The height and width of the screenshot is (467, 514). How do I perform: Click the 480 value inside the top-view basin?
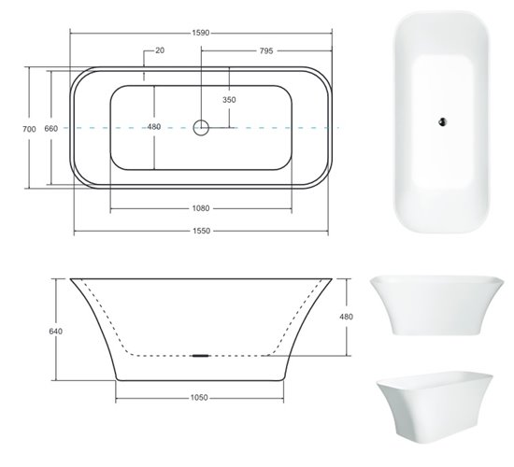pos(154,127)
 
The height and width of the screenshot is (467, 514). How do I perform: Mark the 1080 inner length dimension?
pos(201,208)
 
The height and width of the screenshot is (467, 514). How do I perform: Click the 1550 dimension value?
pos(201,231)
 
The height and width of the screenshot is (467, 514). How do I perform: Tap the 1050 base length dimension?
pos(199,397)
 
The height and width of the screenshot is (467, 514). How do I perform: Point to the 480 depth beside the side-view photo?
pos(347,317)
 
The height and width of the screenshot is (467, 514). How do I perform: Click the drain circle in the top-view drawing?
pos(201,127)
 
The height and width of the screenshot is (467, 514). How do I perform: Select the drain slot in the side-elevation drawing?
pos(200,356)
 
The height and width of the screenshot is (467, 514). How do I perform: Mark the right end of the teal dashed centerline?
pos(338,127)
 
